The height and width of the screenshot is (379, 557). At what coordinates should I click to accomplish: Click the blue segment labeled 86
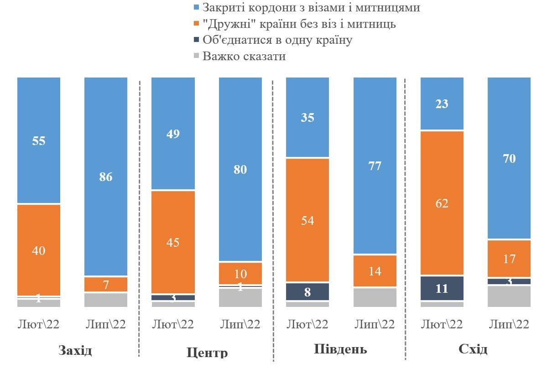point(106,177)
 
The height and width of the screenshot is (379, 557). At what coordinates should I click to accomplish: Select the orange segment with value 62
point(442,203)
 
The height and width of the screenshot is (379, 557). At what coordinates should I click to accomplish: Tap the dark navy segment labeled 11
point(442,288)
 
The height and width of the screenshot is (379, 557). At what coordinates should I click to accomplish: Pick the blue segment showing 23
point(442,104)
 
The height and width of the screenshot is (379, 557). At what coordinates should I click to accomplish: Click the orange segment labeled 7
point(106,285)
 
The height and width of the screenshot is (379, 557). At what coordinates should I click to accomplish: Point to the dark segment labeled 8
point(307,291)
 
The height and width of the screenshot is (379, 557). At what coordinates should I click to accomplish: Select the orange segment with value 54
point(307,220)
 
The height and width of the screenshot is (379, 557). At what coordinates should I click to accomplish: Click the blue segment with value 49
point(173,134)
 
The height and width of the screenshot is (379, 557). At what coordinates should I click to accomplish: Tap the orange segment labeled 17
point(509,259)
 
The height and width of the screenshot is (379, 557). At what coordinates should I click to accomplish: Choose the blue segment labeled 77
point(375,166)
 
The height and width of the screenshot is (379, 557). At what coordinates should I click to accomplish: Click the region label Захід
point(75,351)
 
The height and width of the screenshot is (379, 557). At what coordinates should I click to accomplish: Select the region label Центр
point(207,353)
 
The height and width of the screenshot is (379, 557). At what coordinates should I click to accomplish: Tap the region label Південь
point(340,349)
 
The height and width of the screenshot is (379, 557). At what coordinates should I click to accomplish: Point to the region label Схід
point(473,349)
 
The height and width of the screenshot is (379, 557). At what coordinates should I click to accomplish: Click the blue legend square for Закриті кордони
point(197,8)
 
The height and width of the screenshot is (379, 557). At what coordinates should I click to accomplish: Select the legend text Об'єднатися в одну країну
point(277,40)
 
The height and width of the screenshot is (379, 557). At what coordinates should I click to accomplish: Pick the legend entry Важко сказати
point(244,56)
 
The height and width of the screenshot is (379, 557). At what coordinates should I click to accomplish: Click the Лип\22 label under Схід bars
point(509,324)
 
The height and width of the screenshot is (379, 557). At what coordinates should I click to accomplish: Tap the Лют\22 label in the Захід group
point(39,324)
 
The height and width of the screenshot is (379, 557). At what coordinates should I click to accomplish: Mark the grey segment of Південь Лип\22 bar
point(375,297)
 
